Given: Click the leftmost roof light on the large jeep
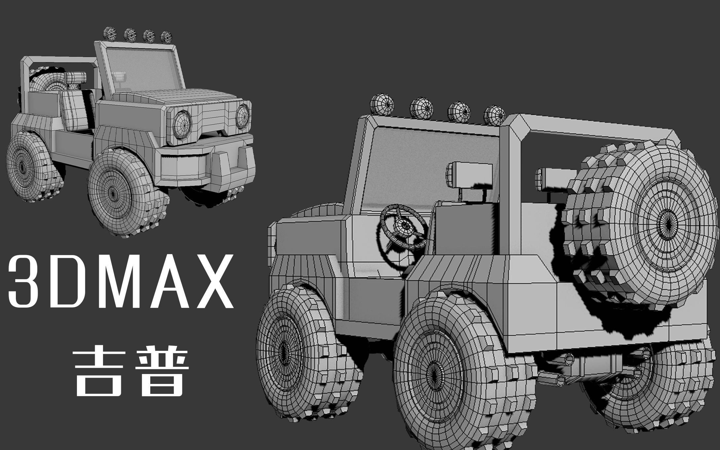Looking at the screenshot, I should click(x=382, y=105).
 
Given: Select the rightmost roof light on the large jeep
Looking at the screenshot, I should click(x=494, y=116).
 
